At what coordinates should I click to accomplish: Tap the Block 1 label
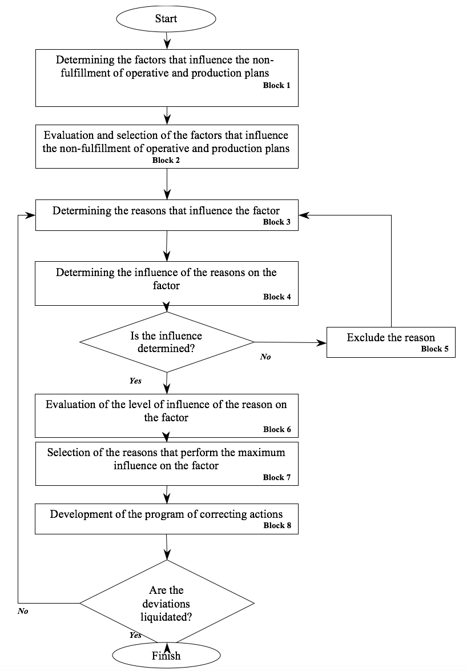click(x=276, y=85)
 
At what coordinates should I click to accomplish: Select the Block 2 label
click(x=166, y=160)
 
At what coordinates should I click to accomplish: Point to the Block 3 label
click(x=276, y=222)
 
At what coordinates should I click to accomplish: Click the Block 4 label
click(x=277, y=297)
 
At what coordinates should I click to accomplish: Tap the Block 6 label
click(x=277, y=429)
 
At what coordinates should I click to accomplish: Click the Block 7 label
click(x=276, y=477)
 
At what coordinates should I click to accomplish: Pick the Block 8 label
click(x=277, y=525)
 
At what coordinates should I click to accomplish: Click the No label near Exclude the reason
click(x=265, y=357)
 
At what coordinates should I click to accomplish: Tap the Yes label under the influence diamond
click(x=135, y=381)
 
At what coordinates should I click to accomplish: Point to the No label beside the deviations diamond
click(x=23, y=611)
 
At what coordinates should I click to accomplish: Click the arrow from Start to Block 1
click(x=167, y=40)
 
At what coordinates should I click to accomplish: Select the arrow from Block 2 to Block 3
click(x=167, y=184)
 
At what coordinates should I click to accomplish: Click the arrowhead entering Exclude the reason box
click(x=322, y=342)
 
